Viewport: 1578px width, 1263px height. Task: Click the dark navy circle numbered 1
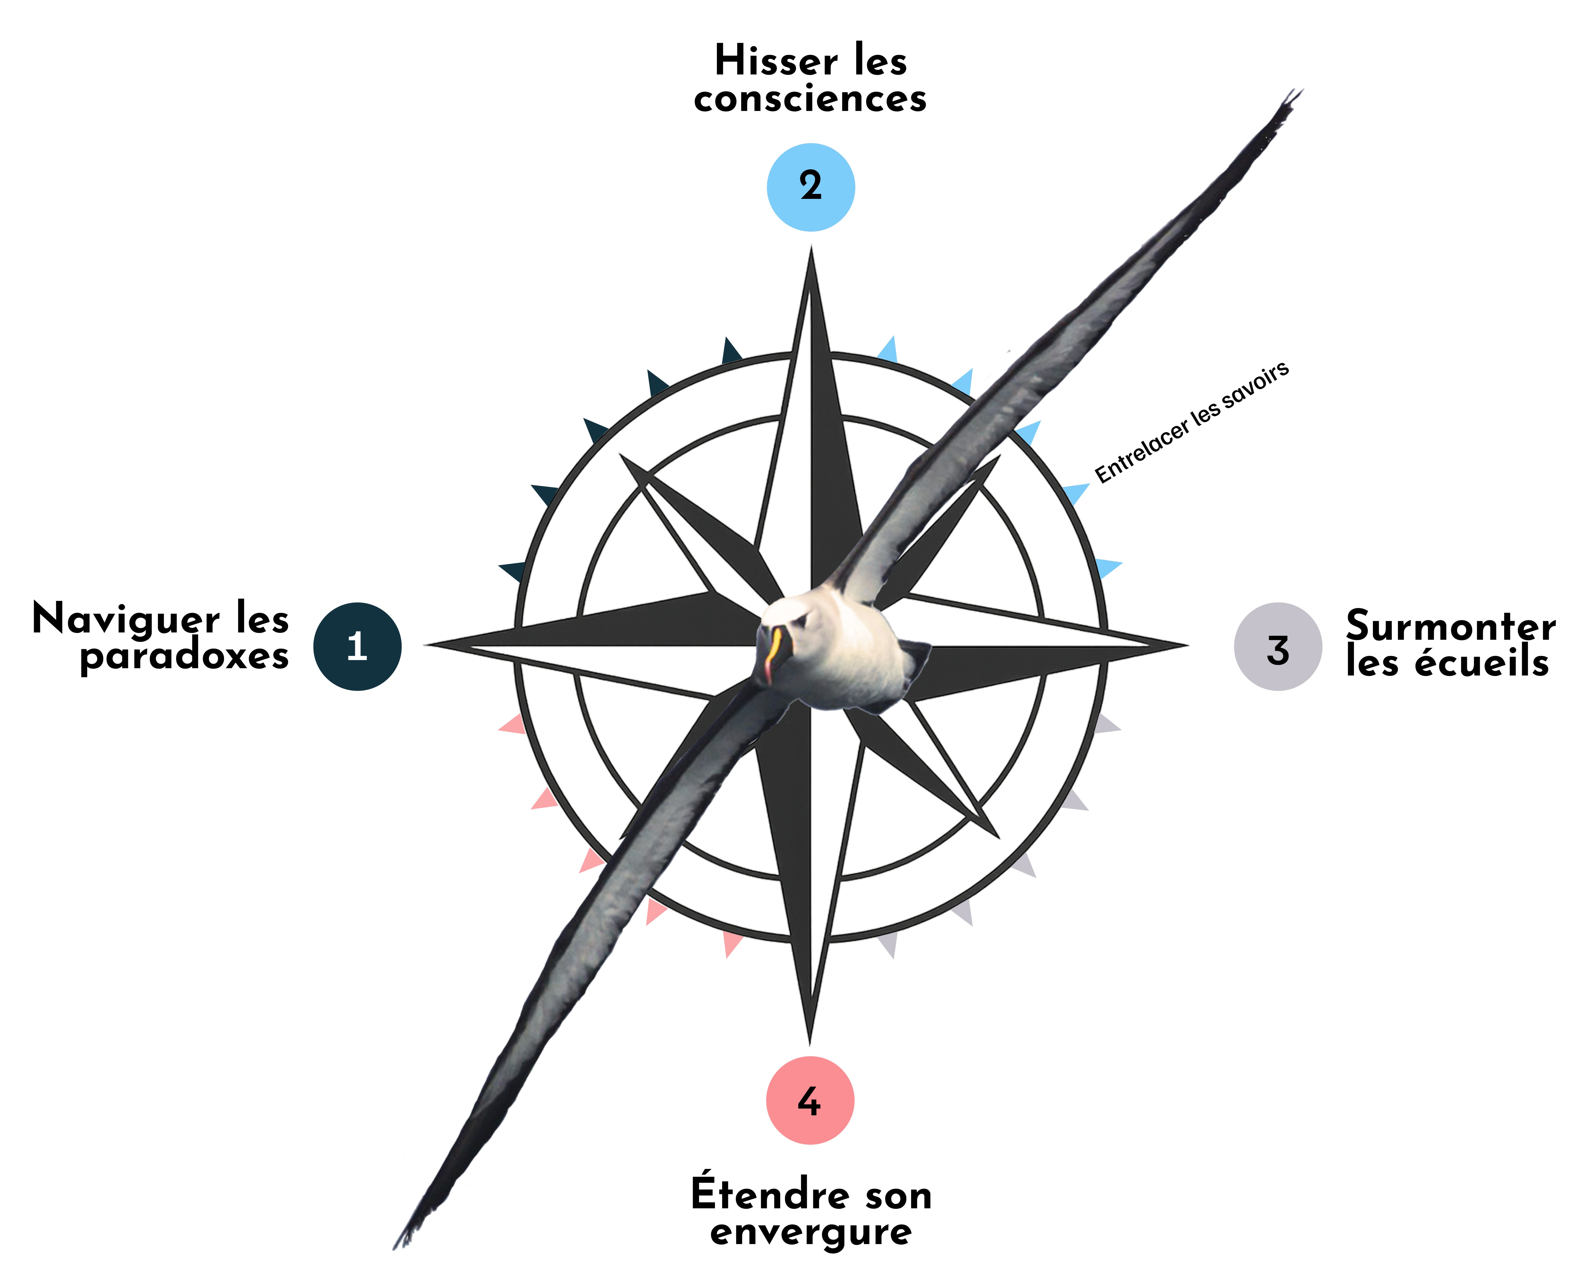tap(357, 646)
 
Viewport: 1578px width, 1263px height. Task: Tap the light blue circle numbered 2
tap(811, 188)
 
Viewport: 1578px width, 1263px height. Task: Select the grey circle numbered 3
tap(1278, 646)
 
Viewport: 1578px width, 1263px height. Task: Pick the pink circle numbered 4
tap(810, 1100)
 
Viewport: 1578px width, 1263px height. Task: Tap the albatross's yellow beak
tap(770, 654)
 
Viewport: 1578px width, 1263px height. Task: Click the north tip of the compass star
tap(811, 248)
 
